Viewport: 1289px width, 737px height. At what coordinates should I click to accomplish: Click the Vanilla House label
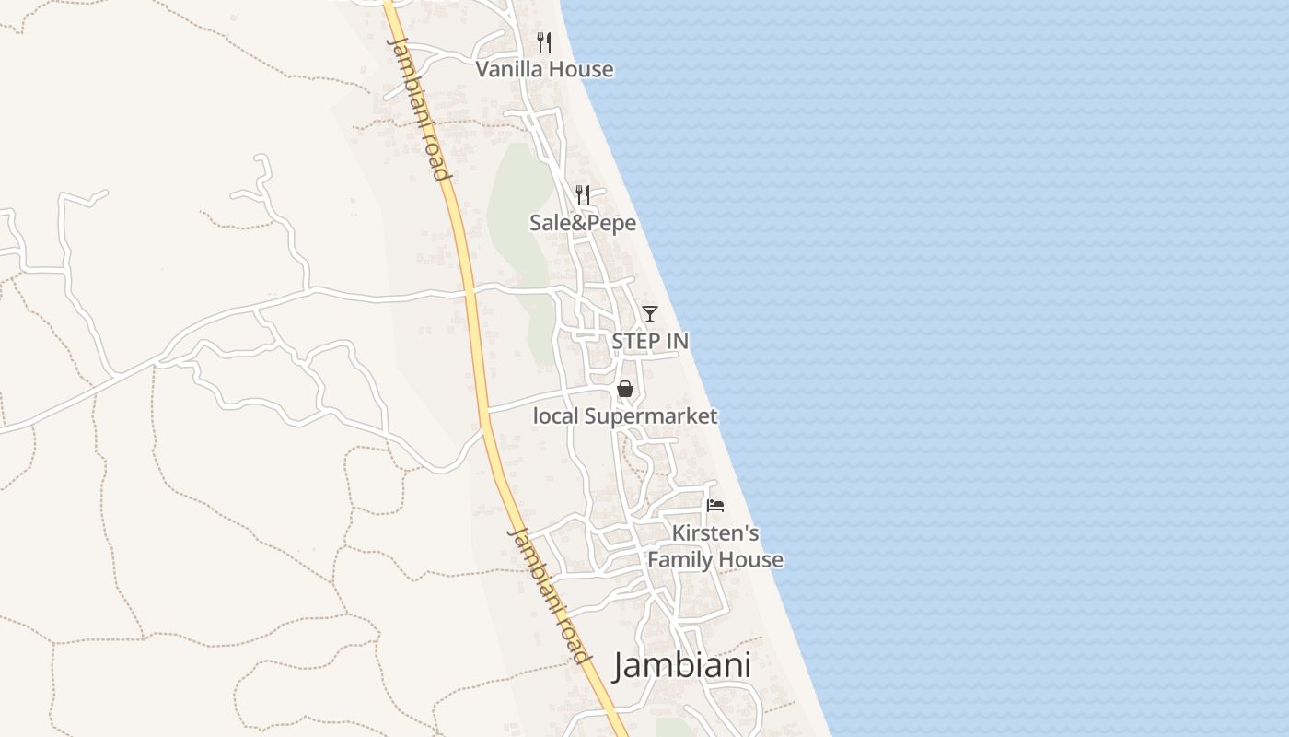pos(544,69)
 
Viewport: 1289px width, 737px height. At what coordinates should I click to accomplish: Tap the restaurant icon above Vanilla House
pos(544,41)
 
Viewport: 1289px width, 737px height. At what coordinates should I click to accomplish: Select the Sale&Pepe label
pos(583,223)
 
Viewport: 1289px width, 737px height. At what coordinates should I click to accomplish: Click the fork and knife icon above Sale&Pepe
pos(583,194)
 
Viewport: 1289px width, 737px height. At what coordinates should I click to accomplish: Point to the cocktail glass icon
pos(650,314)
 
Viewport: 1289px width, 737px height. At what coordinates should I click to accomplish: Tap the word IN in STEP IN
pos(676,341)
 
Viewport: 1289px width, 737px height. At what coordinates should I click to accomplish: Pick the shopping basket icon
pos(625,389)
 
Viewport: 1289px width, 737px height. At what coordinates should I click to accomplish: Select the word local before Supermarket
pos(556,416)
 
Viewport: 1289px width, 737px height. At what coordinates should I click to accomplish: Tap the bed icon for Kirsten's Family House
pos(715,505)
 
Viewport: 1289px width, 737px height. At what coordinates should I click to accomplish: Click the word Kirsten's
pos(715,533)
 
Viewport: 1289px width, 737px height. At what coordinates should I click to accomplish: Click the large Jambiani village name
pos(682,665)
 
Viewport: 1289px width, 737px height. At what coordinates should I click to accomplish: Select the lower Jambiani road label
pos(549,595)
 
